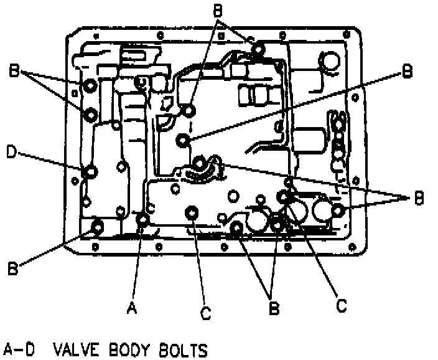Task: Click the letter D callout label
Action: click(10, 151)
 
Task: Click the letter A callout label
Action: click(131, 308)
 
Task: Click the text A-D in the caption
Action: click(19, 349)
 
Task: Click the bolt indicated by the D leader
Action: click(90, 171)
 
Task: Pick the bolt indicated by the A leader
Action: click(143, 219)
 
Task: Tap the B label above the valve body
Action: click(217, 11)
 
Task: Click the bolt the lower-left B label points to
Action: click(97, 227)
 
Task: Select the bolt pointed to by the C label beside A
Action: click(192, 213)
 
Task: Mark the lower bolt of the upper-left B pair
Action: click(89, 114)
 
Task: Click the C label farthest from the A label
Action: click(341, 306)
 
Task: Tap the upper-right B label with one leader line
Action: click(407, 72)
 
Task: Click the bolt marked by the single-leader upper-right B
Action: click(183, 140)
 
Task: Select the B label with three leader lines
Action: click(419, 199)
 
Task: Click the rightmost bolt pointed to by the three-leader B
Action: click(338, 211)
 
